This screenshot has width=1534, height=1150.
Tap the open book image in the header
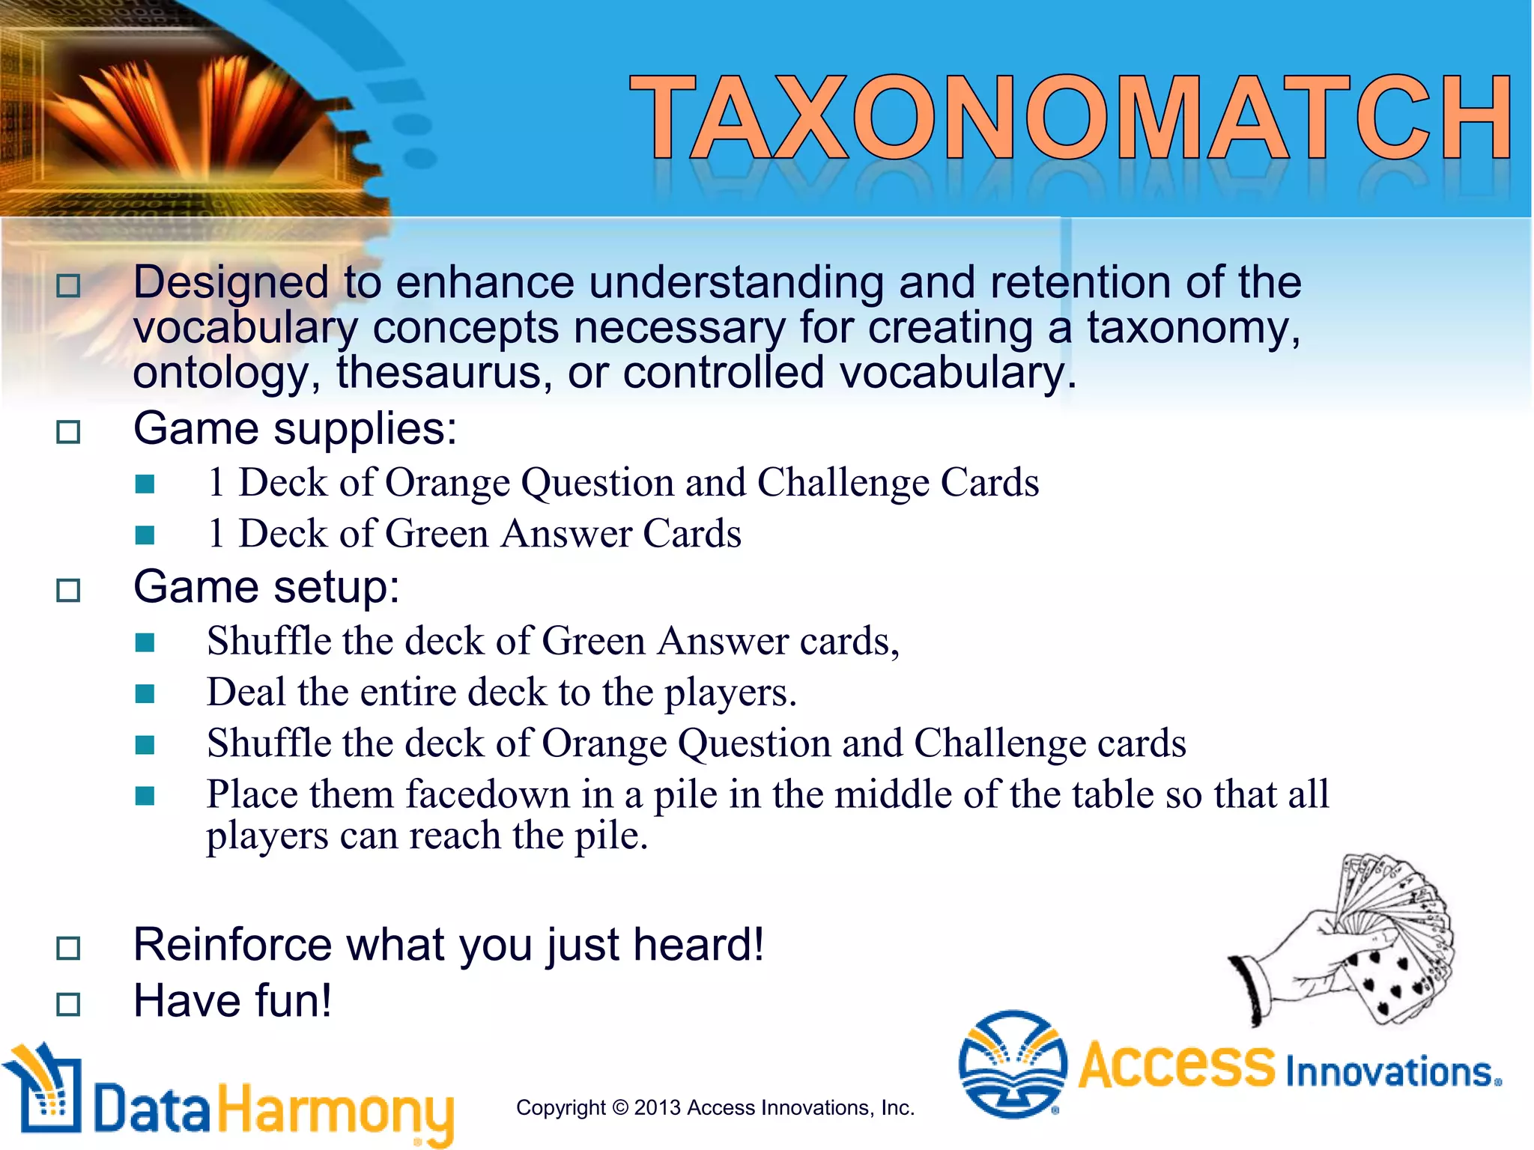(x=202, y=112)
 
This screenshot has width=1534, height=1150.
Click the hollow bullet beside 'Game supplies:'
(x=68, y=432)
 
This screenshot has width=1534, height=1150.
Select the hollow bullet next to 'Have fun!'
(x=68, y=1004)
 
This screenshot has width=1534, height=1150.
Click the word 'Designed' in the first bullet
(x=230, y=283)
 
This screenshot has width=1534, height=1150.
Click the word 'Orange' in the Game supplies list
(x=447, y=482)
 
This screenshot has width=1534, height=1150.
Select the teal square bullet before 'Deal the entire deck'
(x=145, y=694)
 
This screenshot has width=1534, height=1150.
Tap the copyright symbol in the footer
(x=620, y=1108)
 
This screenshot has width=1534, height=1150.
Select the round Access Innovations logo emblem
(x=1013, y=1064)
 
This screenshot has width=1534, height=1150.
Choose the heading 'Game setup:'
(x=266, y=587)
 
